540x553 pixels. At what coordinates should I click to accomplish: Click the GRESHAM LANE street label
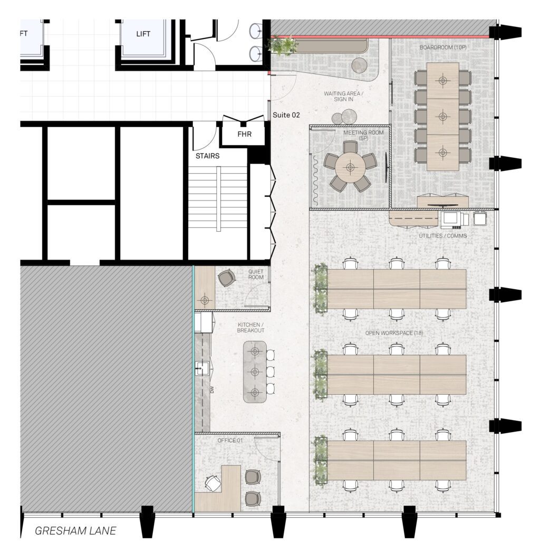coord(75,531)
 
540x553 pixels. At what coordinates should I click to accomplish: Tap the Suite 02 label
coord(286,115)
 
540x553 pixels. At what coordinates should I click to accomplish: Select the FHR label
coord(244,134)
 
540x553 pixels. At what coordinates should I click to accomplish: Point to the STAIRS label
coord(208,156)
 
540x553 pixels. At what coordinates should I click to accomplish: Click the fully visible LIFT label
coord(143,34)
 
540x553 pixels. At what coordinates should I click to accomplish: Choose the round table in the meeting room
coord(350,167)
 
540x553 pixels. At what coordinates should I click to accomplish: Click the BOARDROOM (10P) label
coord(443,47)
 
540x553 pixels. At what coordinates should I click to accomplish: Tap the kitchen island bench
coord(255,371)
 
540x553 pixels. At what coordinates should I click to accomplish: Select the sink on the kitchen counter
coord(202,368)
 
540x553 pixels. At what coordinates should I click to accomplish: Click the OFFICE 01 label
coord(230,441)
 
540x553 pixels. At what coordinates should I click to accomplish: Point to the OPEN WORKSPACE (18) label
coord(394,333)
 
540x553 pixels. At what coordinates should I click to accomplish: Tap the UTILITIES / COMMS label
coord(443,235)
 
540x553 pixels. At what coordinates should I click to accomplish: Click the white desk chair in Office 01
coord(213,483)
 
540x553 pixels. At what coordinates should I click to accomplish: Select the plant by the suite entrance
coord(282,46)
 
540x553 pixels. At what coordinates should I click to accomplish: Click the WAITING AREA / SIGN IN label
coord(343,96)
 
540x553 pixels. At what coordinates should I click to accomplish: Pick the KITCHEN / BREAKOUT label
coord(250,328)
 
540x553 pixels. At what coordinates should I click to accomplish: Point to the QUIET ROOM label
coord(256,274)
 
